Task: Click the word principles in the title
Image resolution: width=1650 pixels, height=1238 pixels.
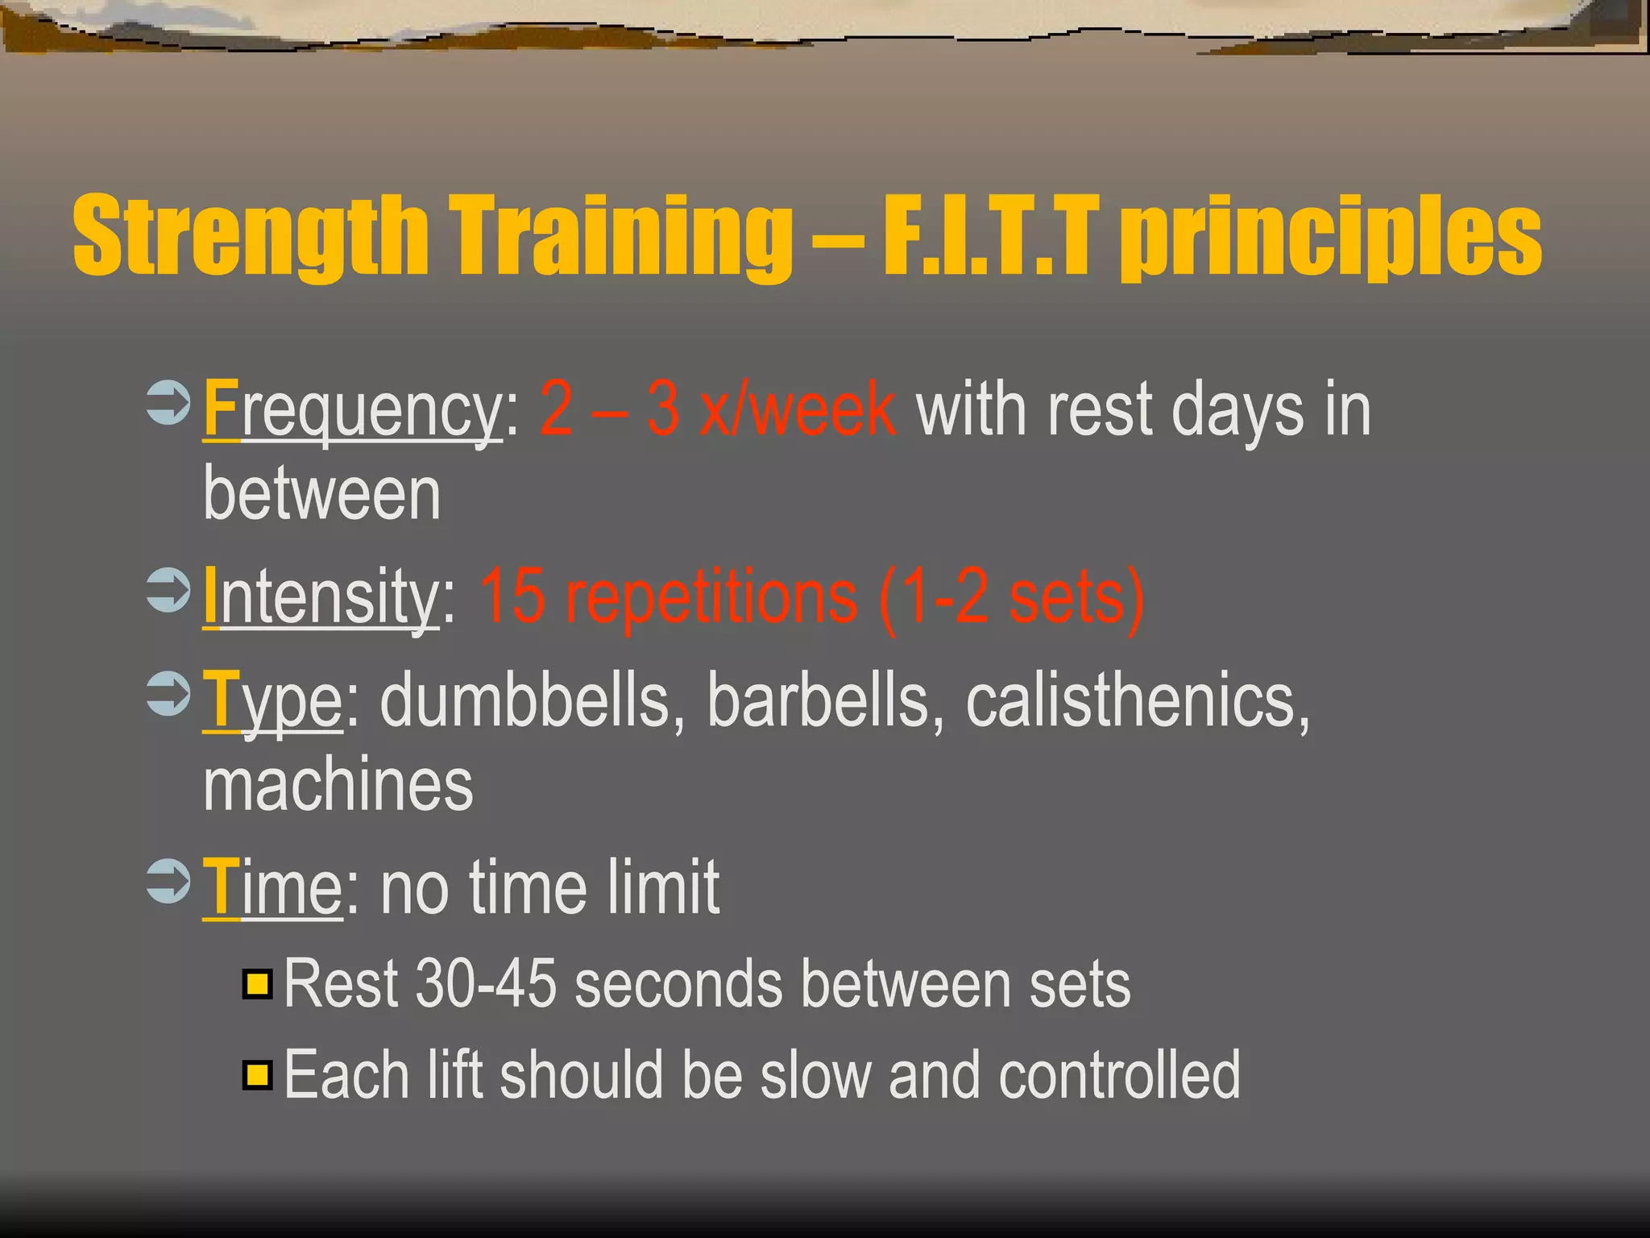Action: (x=1331, y=238)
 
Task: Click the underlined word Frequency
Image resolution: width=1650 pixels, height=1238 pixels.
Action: (x=353, y=411)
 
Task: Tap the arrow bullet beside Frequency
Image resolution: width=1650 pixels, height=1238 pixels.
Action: (x=168, y=402)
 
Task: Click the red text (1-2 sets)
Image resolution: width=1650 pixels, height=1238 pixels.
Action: (x=1011, y=598)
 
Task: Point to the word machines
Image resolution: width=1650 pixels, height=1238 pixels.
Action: (x=338, y=786)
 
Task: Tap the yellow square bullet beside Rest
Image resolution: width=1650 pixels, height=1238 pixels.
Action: (x=258, y=984)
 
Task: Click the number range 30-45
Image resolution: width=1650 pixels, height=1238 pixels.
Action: (x=486, y=984)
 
